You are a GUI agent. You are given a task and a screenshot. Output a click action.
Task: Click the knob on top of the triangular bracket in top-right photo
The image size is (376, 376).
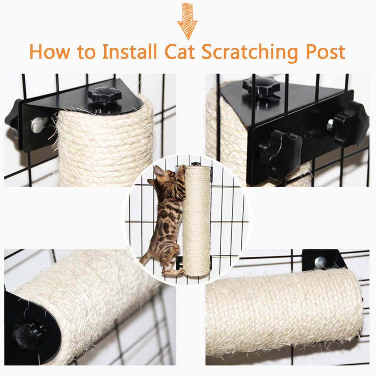pos(254,86)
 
